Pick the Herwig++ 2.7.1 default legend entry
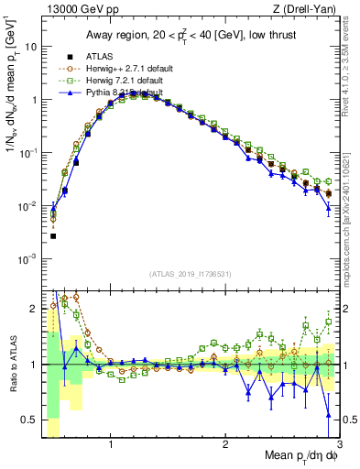tap(125, 68)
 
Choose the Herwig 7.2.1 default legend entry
tap(124, 81)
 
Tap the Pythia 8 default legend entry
tap(123, 93)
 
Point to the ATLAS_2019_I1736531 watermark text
tap(196, 274)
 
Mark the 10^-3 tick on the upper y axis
tap(28, 259)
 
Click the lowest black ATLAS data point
tap(53, 236)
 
